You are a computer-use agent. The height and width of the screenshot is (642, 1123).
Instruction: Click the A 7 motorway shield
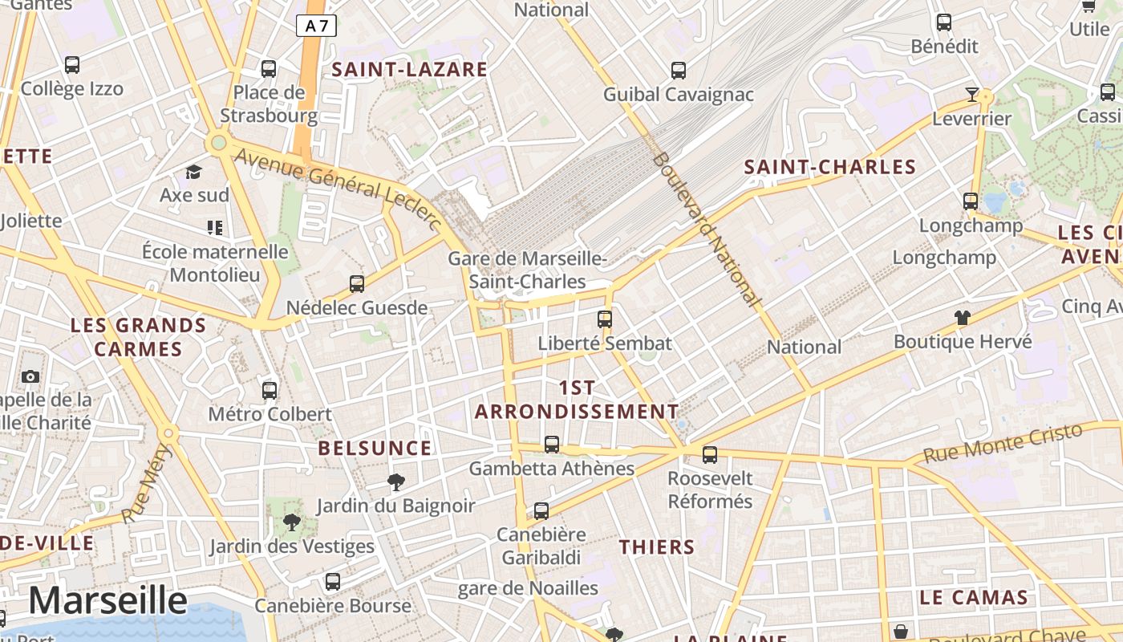coord(316,26)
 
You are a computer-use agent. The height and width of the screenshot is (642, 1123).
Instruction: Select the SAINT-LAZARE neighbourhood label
coord(410,70)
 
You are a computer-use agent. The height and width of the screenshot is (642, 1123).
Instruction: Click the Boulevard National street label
coord(705,229)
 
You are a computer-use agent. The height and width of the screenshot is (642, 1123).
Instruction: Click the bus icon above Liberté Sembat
coord(605,319)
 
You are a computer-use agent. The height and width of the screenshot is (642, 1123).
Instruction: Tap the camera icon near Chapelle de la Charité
coord(30,376)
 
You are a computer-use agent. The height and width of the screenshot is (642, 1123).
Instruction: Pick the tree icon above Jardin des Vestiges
coord(292,523)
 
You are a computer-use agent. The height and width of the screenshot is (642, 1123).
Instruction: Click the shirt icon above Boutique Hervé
coord(963,317)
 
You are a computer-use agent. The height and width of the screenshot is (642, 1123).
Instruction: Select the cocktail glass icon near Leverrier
coord(972,95)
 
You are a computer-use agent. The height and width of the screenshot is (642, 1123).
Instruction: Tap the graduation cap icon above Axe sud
coord(193,172)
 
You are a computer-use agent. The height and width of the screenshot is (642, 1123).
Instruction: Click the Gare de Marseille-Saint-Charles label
coord(527,270)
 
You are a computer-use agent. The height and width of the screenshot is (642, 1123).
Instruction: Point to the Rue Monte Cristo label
coord(1003,443)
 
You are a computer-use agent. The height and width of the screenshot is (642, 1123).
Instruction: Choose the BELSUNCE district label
coord(375,448)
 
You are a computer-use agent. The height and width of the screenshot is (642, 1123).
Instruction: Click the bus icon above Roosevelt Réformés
coord(710,455)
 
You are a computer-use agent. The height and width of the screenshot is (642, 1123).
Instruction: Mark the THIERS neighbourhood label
coord(657,547)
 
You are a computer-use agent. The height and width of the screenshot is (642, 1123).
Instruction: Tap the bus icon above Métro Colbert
coord(270,391)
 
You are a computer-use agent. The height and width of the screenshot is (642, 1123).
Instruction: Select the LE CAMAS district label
coord(974,598)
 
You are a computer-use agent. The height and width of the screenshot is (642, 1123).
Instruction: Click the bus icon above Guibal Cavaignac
coord(679,71)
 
